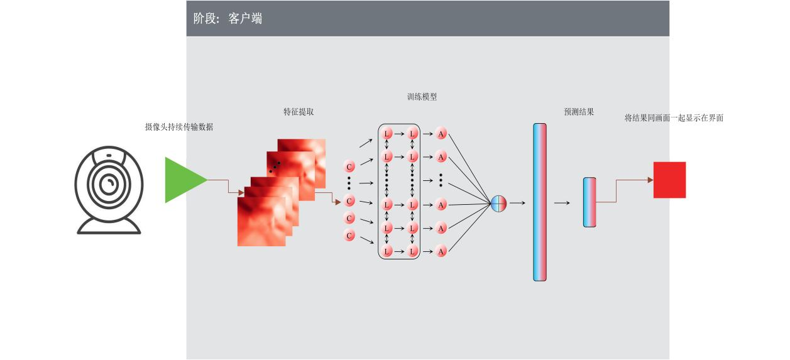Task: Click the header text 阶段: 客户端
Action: click(228, 19)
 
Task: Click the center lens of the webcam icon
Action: click(109, 183)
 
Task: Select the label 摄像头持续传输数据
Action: click(179, 127)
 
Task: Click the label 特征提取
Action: click(299, 112)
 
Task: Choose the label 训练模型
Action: click(422, 97)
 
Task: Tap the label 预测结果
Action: click(579, 112)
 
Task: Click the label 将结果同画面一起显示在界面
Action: click(674, 117)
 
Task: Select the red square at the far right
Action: click(669, 180)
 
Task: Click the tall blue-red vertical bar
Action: click(540, 202)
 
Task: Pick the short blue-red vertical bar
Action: click(589, 202)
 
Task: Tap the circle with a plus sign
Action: click(498, 204)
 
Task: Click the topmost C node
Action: click(350, 166)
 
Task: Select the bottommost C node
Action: click(350, 236)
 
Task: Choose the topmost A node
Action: click(441, 134)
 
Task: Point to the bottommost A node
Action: click(441, 251)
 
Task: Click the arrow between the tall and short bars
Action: click(562, 203)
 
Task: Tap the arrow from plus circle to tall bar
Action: click(517, 203)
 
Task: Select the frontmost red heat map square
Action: click(261, 221)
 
